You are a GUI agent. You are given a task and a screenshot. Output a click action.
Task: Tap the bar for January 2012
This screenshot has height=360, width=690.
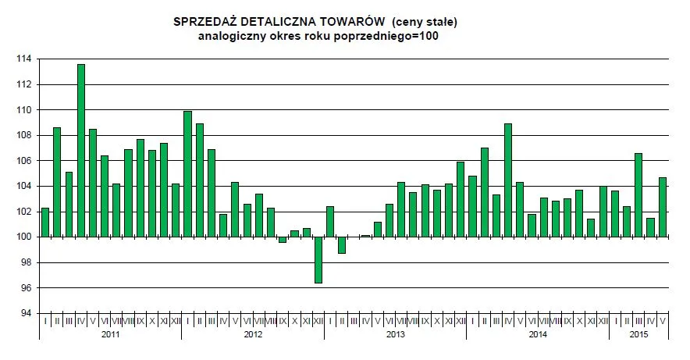(x=187, y=174)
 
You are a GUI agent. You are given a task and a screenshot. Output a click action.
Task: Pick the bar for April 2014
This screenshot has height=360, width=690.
(x=508, y=180)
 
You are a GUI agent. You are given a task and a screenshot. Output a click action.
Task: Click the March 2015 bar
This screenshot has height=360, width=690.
(x=638, y=195)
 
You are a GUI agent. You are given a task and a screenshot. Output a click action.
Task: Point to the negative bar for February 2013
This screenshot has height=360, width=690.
(x=342, y=245)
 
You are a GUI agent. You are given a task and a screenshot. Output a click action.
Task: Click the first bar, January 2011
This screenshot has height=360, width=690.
(x=45, y=223)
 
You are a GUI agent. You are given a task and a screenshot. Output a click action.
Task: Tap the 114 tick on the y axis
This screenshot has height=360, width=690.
(x=23, y=59)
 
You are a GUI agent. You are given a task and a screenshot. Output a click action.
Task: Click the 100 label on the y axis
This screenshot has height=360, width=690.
(x=23, y=237)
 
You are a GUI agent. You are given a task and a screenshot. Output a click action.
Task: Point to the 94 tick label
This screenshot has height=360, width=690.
(x=26, y=314)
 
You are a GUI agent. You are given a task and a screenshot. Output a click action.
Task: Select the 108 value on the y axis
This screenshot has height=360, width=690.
(x=23, y=136)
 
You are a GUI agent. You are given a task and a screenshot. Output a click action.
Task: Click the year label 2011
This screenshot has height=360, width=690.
(x=110, y=335)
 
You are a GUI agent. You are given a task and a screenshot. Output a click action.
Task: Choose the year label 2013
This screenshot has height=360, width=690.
(x=395, y=335)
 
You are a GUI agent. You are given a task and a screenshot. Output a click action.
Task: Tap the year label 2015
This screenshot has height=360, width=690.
(x=638, y=335)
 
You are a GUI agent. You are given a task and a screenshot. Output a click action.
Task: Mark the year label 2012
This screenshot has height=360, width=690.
(x=253, y=335)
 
